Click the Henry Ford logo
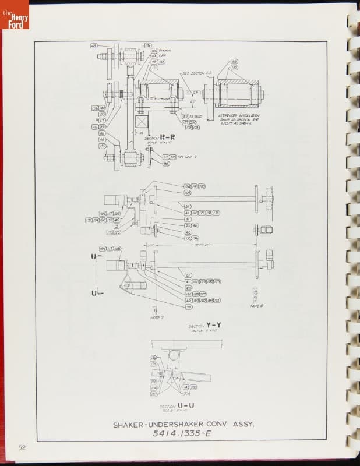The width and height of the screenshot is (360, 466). pos(15,15)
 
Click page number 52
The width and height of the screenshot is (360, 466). pos(22,447)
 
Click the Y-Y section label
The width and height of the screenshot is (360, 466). pos(213,324)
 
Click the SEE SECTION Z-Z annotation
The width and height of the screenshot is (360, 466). pos(193,73)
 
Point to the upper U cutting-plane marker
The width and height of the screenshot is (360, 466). pos(93,256)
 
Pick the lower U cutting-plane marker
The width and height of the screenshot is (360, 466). pos(93,292)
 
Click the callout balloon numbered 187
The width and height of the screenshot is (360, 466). pos(154,394)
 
